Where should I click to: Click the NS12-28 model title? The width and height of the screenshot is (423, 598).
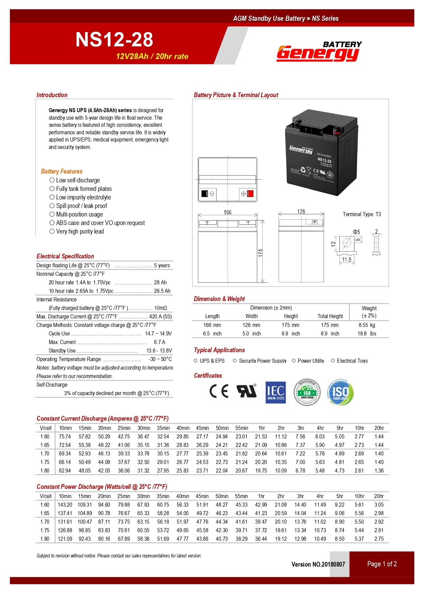(114, 40)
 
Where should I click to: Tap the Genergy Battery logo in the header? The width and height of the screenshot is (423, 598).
(319, 52)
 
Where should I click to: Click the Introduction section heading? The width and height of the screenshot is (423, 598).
(52, 95)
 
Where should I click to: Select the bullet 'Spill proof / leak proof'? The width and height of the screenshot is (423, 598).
(81, 206)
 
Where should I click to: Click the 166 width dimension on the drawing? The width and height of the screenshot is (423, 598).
(228, 212)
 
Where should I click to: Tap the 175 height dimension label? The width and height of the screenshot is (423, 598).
(261, 253)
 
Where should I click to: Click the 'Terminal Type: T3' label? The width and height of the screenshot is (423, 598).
(362, 214)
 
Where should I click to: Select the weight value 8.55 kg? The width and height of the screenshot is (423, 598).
(367, 325)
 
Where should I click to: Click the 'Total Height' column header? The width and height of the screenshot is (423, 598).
(330, 316)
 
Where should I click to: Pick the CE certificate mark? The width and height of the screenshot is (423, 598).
(219, 391)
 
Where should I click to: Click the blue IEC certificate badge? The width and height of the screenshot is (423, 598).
(276, 392)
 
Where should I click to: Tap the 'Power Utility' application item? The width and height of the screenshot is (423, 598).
(310, 361)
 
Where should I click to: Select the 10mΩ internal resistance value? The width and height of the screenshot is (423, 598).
(160, 308)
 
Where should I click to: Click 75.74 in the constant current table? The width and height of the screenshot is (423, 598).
(65, 437)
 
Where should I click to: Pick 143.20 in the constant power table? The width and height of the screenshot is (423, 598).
(65, 505)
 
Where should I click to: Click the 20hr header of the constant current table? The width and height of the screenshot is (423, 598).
(379, 428)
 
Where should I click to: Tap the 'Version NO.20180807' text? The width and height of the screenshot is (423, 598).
(318, 565)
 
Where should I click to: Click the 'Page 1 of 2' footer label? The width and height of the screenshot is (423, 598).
(382, 564)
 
